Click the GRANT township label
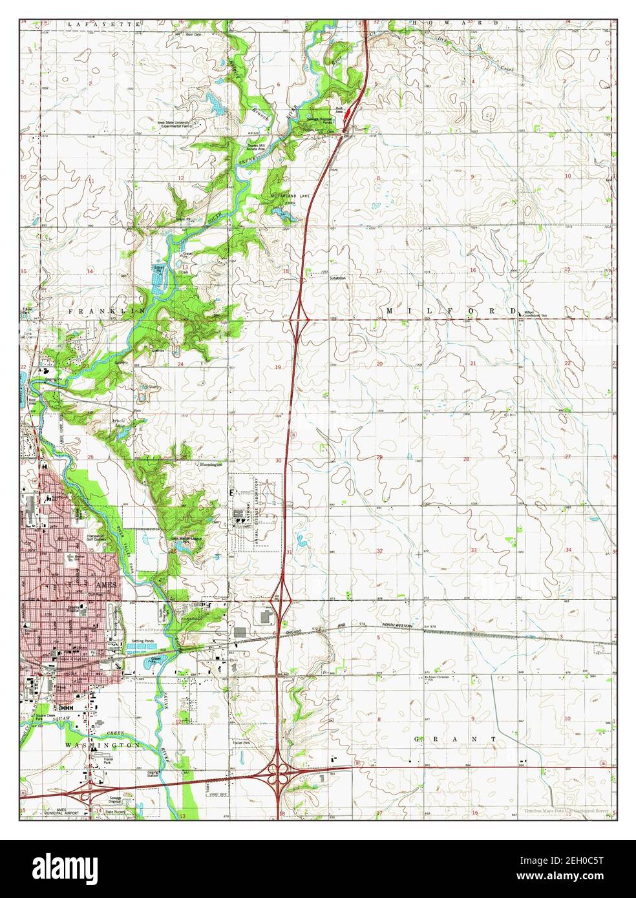(x=456, y=738)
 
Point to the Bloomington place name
(x=211, y=464)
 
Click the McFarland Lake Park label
(x=281, y=198)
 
